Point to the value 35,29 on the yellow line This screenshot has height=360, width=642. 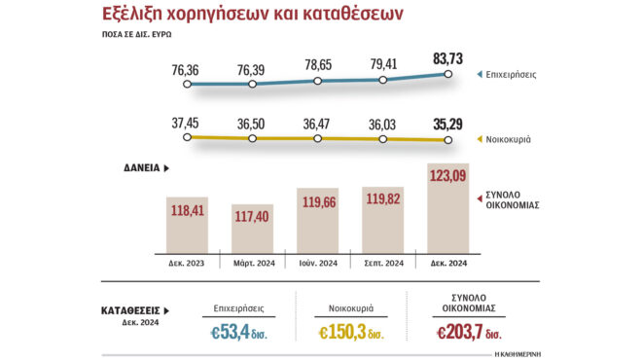[x=448, y=124]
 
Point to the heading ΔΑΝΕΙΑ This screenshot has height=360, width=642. [x=147, y=168]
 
